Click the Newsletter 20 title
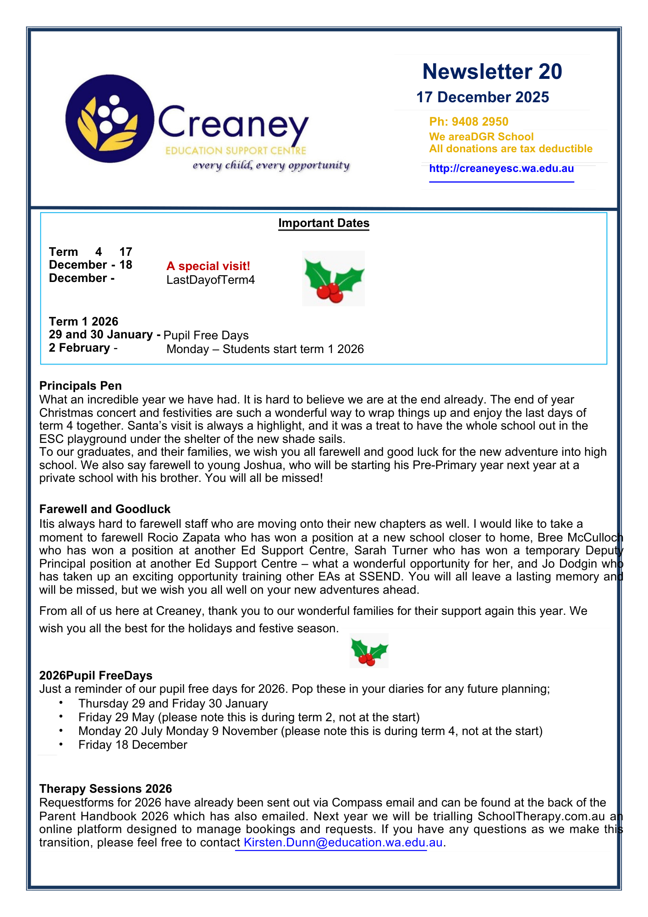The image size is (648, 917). coord(492,72)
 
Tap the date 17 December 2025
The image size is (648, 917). coord(482,97)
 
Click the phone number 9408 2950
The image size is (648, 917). coord(480,122)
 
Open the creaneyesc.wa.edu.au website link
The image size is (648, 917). coord(501,168)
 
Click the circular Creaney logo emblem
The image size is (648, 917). coord(110,119)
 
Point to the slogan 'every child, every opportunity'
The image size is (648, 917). coord(271,165)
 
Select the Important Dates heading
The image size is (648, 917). coord(324,223)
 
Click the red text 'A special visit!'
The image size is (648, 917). coord(208,266)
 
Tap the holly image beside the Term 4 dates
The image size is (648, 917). coord(333,278)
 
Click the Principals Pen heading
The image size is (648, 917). coord(80,386)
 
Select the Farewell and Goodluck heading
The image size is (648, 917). coord(104,509)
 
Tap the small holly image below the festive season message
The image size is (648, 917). coord(369,651)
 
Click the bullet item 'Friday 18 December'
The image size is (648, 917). coord(132,745)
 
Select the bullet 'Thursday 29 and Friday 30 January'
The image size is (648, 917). coord(173,703)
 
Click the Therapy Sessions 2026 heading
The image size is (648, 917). coord(105,789)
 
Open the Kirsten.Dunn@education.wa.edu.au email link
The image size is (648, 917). coord(343,842)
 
